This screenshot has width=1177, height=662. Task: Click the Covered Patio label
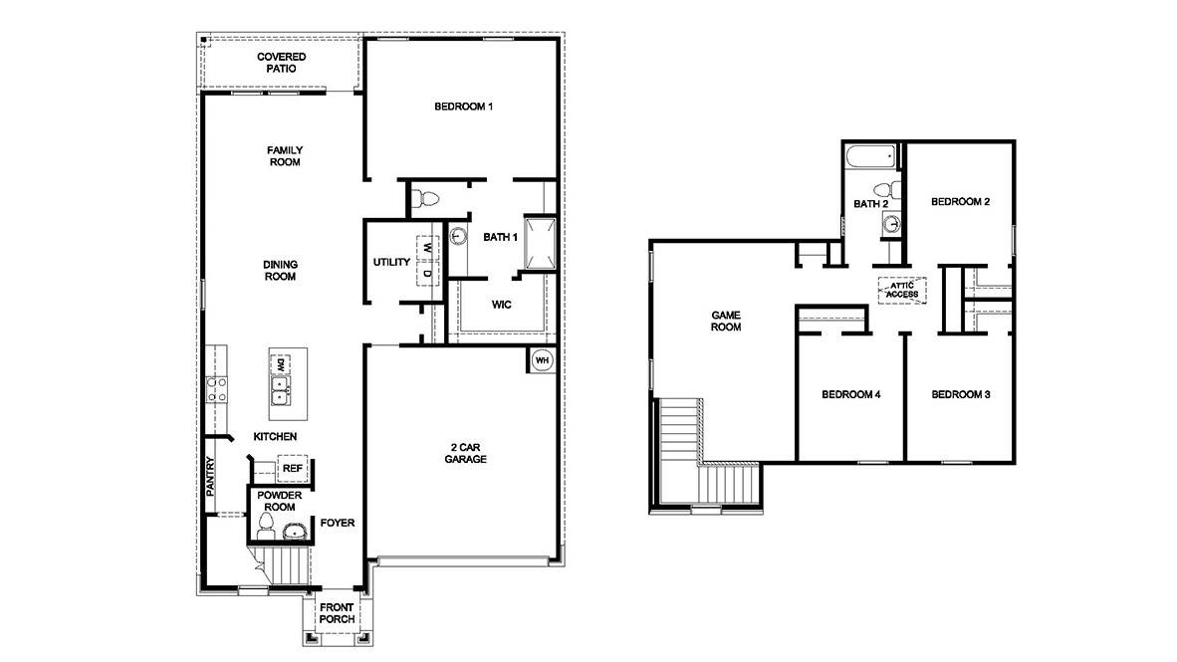click(x=282, y=63)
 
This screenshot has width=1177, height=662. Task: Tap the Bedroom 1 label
click(x=463, y=107)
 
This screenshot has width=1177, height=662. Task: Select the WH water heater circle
click(x=542, y=360)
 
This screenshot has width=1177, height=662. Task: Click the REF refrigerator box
click(x=293, y=468)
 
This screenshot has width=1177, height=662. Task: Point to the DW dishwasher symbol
click(x=280, y=364)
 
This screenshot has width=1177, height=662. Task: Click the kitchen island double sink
click(x=280, y=391)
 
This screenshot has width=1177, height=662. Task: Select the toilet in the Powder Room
click(x=266, y=527)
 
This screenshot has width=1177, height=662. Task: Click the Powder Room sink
click(x=295, y=533)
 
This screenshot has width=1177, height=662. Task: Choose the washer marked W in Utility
click(x=426, y=248)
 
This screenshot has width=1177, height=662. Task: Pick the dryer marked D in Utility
click(x=426, y=273)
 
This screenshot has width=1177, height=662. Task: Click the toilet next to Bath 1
click(x=425, y=199)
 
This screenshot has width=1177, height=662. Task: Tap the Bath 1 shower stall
click(x=540, y=243)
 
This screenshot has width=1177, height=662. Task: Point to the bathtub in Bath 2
click(x=870, y=157)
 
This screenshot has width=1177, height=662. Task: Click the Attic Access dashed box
click(x=902, y=291)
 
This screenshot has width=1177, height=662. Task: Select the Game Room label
click(x=726, y=322)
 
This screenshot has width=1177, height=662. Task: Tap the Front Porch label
click(x=337, y=613)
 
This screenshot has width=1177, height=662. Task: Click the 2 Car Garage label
click(x=465, y=453)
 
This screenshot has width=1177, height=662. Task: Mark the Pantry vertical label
click(x=210, y=476)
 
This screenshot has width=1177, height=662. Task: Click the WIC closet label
click(x=502, y=305)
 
